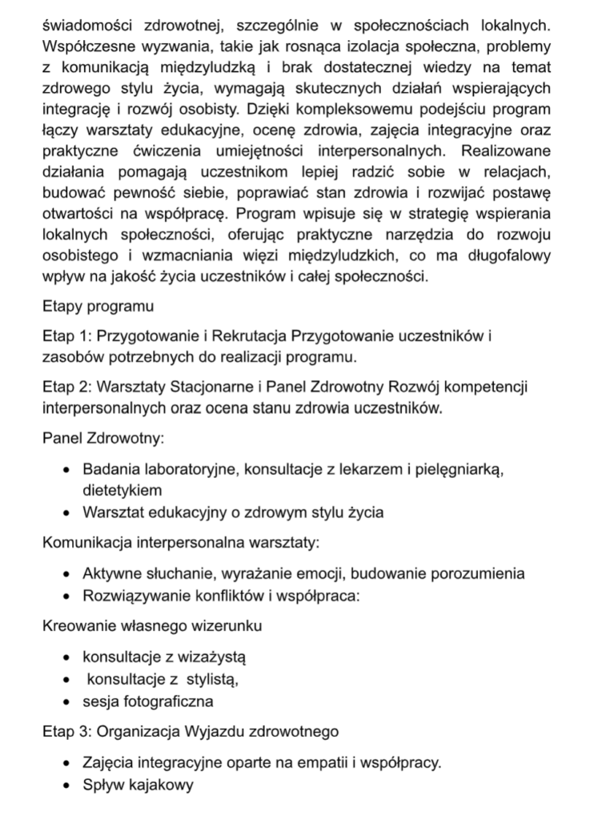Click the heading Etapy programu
coord(97,306)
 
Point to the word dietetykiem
coord(122,489)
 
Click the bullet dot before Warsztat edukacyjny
coord(66,513)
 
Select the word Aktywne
coord(110,573)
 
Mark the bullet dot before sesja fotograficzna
coord(66,702)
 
